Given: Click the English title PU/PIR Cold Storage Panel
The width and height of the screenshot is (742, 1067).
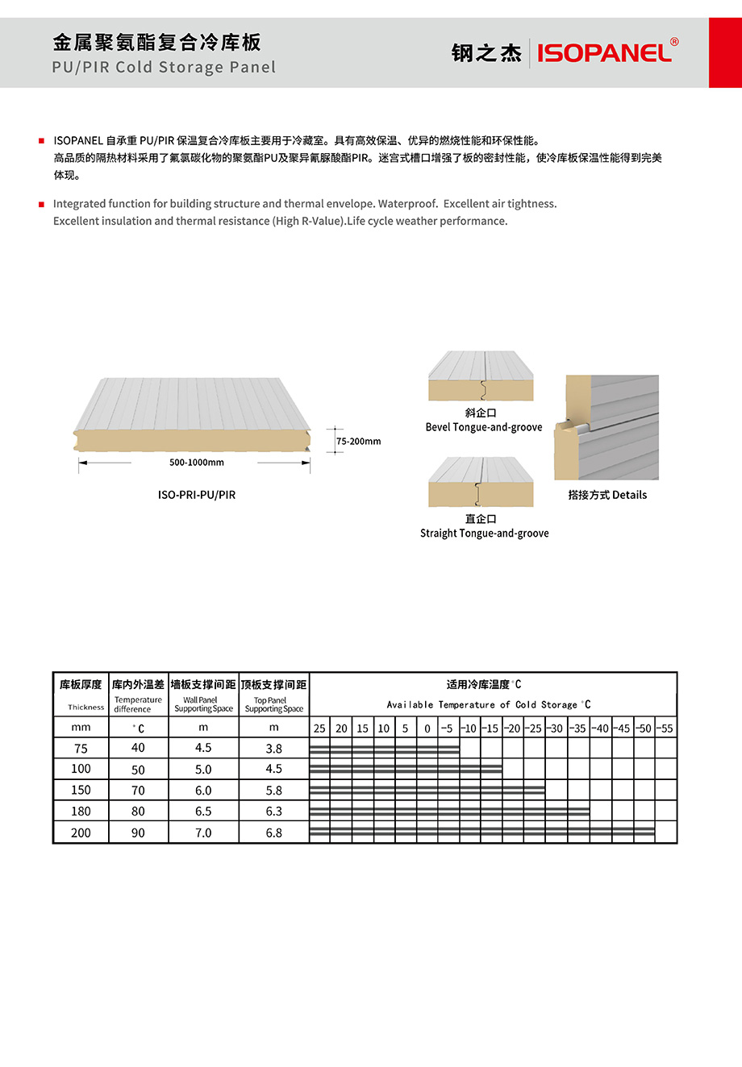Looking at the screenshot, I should pos(164,68).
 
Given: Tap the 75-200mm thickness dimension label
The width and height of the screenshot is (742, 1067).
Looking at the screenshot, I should pos(358,442).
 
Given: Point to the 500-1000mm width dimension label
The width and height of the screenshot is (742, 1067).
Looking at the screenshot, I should pos(197,463).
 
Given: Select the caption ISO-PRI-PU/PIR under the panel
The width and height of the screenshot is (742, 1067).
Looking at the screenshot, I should pos(197,495).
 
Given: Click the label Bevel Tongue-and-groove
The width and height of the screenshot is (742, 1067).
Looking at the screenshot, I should pos(484,427).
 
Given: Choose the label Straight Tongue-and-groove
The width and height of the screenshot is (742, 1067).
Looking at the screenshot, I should pos(484,533).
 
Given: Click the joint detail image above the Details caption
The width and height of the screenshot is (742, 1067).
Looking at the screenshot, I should pos(607,427).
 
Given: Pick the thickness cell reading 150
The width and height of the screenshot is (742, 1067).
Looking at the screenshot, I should pos(81,791).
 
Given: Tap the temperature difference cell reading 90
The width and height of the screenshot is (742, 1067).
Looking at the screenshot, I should pos(138,832).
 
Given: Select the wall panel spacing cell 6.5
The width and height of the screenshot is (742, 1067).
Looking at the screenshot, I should pos(203,812).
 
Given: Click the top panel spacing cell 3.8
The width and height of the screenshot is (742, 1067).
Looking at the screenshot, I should pos(274,749).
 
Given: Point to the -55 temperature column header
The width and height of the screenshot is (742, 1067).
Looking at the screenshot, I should pos(665,729).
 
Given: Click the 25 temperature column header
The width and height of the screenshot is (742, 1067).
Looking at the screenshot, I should pos(319,729).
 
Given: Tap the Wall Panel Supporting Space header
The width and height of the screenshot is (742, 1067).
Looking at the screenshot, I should pos(203,704).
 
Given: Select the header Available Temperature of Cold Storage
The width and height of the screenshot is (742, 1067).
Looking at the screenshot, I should pos(489,704).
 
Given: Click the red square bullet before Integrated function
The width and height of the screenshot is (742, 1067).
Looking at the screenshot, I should pos(42,205).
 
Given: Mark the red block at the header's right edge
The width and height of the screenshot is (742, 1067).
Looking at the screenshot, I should pos(725,53).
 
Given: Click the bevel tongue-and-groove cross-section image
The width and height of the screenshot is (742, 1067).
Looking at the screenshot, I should pos(481,376).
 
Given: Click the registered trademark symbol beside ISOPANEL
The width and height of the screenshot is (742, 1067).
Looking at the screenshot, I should pos(674,42).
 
